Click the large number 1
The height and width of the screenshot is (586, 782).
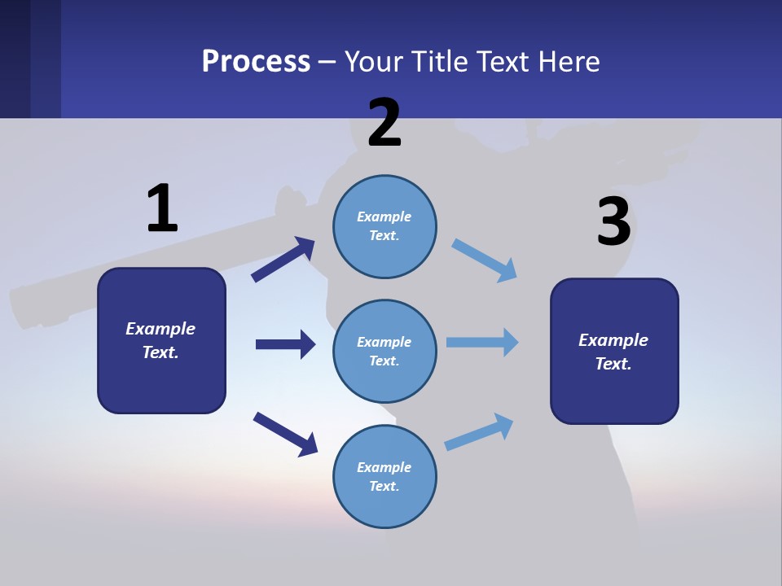pos(162,208)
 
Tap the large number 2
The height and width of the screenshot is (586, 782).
pos(384,123)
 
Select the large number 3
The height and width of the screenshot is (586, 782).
pos(613,221)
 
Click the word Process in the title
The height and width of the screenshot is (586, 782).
pos(256,61)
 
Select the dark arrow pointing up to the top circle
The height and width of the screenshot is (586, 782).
pos(283,259)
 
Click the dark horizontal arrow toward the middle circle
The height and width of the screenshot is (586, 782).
pos(285,344)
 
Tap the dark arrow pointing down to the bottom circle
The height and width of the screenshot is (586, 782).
pos(285,433)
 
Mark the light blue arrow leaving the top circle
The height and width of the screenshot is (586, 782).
pos(485,260)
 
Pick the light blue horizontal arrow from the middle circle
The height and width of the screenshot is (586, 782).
pos(482,342)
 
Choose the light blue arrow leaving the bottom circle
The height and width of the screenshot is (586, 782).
pos(479,432)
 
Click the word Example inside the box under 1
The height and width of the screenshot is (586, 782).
pos(160,329)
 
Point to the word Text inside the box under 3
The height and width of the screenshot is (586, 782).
pos(613,364)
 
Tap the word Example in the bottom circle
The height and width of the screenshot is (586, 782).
pos(384,467)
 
